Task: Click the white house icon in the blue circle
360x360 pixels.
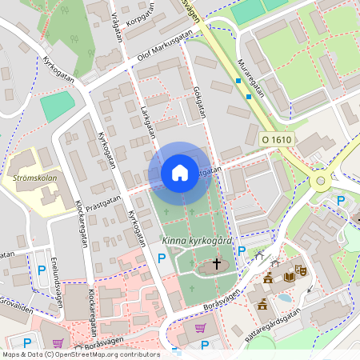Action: [180, 173]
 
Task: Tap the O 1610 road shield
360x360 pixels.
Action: [277, 140]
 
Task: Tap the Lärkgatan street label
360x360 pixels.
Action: [146, 120]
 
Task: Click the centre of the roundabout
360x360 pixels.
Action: [322, 181]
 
